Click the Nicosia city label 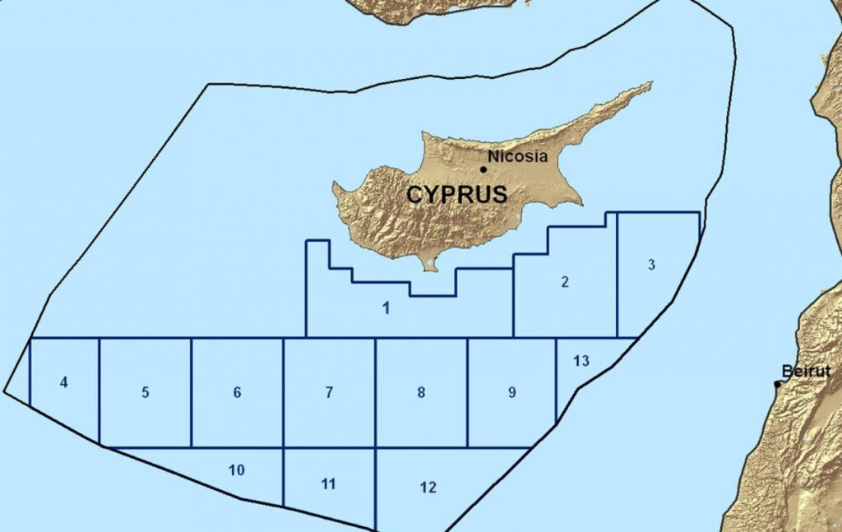(517, 156)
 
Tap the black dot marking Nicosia (483, 169)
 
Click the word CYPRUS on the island (456, 196)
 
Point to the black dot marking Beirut (777, 384)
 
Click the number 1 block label (385, 309)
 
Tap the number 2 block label (565, 282)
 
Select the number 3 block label (651, 265)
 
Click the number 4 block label (64, 382)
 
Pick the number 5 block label (146, 392)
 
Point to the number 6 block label (237, 392)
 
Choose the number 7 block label (329, 392)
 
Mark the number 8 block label (421, 392)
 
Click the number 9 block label (511, 392)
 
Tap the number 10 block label (237, 470)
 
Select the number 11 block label (329, 483)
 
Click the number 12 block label (428, 487)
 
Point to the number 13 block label (581, 361)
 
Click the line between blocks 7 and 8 (375, 393)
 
